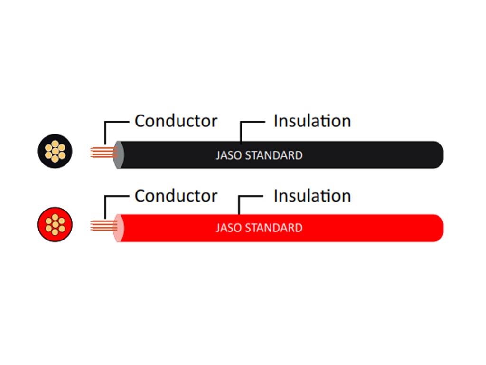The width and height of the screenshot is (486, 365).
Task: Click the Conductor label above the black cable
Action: (176, 121)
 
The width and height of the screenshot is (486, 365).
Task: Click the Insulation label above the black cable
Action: (312, 121)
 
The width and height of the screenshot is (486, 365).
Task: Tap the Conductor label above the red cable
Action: (176, 196)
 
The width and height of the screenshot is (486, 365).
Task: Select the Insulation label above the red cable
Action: (312, 196)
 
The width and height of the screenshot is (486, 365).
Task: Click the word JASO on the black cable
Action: (229, 155)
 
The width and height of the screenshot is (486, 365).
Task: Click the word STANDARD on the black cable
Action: (274, 155)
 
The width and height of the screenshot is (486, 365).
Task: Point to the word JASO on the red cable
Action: (229, 228)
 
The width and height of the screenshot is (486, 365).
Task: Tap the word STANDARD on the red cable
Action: (274, 228)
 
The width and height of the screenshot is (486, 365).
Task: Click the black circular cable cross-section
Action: (55, 151)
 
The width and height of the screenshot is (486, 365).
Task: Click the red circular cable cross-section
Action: (55, 224)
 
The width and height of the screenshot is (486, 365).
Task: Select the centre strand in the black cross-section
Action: (55, 152)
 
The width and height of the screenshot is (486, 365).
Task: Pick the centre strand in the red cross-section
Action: (55, 224)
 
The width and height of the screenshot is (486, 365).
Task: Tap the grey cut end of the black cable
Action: (118, 155)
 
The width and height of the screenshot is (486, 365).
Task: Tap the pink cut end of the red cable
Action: (118, 228)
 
